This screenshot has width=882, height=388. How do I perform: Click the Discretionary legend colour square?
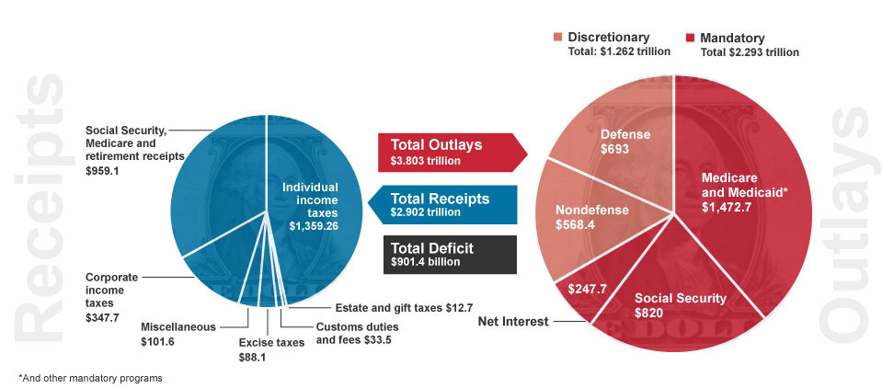coord(558,38)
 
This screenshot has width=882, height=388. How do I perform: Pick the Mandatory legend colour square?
coord(690,38)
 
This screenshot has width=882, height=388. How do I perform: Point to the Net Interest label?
coord(513,322)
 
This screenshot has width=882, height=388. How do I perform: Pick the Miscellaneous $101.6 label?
coord(178,333)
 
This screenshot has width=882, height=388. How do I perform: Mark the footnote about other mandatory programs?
coord(89,378)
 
